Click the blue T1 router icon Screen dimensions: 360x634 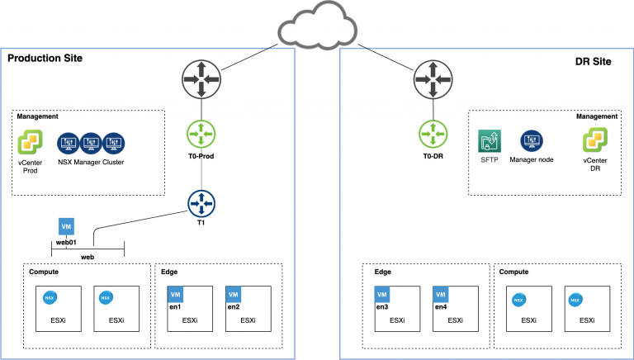(201, 202)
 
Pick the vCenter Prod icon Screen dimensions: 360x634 (31, 146)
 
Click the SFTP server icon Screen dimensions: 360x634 (490, 140)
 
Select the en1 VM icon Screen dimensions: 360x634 (175, 294)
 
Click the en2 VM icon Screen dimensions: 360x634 (233, 294)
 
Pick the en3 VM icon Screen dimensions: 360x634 (383, 294)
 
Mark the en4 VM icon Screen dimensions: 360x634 (441, 294)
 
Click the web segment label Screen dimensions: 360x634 (87, 257)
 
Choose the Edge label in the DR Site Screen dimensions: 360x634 (382, 271)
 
